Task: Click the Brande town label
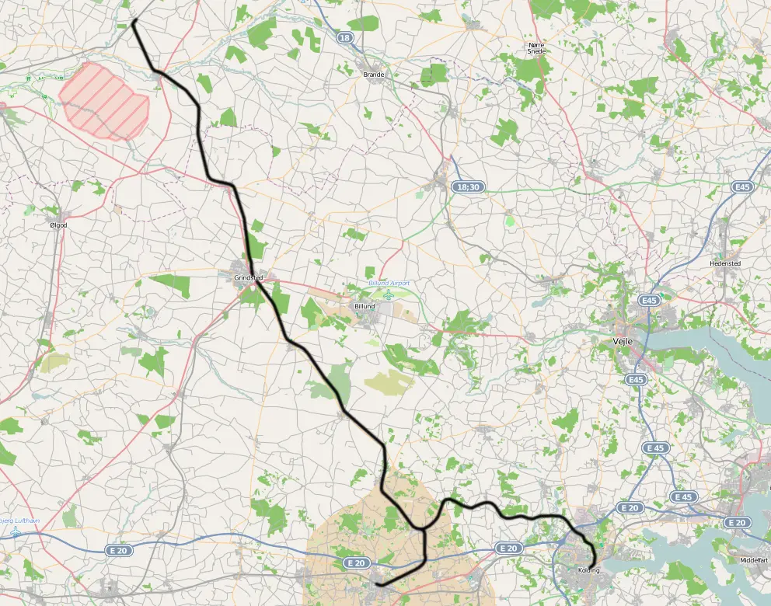point(374,75)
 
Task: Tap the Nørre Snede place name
point(536,48)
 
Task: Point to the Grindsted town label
point(249,277)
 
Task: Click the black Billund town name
point(364,307)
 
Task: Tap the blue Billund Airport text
point(389,284)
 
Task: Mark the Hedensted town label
point(725,263)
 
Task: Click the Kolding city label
point(589,570)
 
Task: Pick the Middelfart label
point(753,559)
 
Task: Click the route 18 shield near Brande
point(345,37)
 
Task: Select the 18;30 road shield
point(469,187)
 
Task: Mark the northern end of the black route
point(134,22)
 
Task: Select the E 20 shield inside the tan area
point(356,562)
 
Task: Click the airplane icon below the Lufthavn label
point(15,533)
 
